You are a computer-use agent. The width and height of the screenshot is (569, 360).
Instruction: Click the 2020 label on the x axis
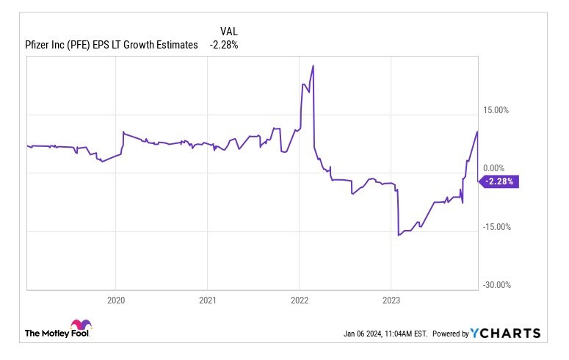[x=116, y=300]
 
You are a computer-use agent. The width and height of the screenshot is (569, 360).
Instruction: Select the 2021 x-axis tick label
[x=208, y=300]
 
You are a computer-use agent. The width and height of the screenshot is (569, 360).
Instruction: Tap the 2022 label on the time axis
[x=299, y=300]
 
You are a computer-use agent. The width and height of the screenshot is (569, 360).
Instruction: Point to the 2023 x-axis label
[x=391, y=300]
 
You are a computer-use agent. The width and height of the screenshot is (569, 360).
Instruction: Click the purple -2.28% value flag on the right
[x=500, y=181]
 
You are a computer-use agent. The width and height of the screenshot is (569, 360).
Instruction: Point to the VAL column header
[x=229, y=32]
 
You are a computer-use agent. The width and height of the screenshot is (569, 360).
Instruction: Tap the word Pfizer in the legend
[x=36, y=45]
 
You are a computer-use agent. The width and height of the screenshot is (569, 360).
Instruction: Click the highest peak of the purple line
[x=313, y=66]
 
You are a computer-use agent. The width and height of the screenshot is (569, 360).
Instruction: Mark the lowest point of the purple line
[x=398, y=235]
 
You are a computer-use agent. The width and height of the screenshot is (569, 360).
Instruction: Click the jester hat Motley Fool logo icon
[x=80, y=326]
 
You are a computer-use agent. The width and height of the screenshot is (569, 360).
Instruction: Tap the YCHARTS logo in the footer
[x=505, y=334]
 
